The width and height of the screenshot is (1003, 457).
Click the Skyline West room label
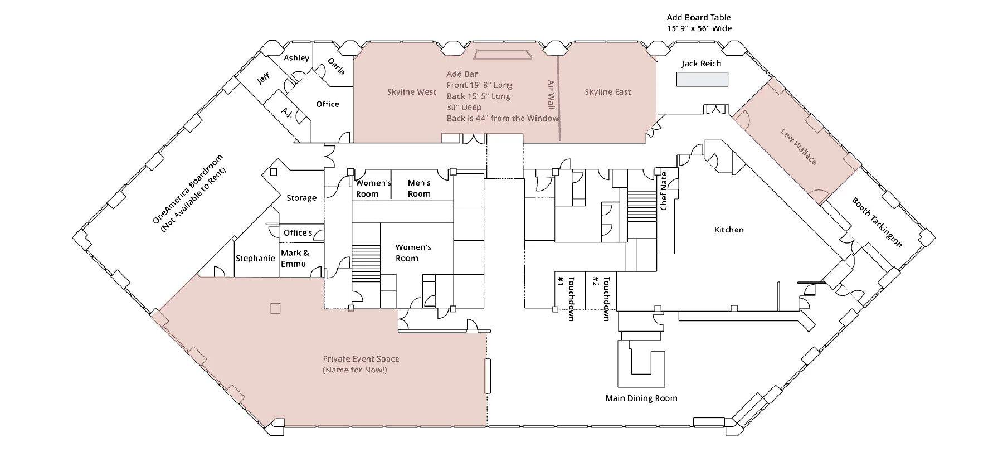tap(412, 92)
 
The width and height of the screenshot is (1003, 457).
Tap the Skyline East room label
tap(607, 92)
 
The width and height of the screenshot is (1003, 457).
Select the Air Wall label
tap(551, 95)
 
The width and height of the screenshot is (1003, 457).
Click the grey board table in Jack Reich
tap(702, 80)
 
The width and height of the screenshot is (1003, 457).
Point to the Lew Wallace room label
tap(799, 147)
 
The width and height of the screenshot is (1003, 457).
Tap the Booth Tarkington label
tap(877, 222)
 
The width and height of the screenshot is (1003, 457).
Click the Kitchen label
tap(729, 230)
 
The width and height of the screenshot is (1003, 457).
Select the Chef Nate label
tap(664, 191)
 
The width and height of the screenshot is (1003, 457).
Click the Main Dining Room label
tap(641, 398)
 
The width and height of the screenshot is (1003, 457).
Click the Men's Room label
tap(419, 188)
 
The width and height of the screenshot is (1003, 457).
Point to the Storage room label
tap(301, 198)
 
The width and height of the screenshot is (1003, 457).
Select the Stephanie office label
tap(255, 259)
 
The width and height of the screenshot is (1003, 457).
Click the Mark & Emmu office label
tap(294, 259)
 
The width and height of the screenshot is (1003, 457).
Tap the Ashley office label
tap(296, 58)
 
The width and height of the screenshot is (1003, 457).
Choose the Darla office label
tap(336, 66)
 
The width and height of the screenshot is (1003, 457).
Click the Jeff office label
tap(264, 79)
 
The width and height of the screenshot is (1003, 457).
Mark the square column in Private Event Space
tap(275, 308)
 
